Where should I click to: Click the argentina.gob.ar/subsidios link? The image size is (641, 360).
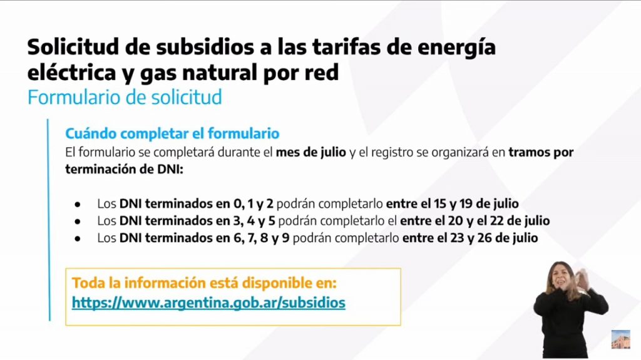coord(208,303)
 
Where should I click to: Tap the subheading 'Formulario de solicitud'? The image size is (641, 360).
coord(125,98)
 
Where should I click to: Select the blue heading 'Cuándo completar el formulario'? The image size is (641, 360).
coord(172,133)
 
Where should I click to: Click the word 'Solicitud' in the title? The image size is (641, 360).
coord(73,46)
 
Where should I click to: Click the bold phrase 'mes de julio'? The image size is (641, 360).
coord(310,152)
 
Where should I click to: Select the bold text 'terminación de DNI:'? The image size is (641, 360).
coord(125,169)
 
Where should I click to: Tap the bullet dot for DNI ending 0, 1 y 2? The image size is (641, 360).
coord(78,204)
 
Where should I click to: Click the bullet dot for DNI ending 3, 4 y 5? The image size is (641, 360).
coord(78,221)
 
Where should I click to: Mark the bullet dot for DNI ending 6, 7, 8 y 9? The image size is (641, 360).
coord(78,239)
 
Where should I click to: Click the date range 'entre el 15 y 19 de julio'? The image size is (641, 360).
coord(452,203)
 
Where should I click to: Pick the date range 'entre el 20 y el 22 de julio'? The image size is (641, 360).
coord(474,220)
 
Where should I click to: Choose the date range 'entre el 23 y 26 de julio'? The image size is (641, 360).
coord(470,238)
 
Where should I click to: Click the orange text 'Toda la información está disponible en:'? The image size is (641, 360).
coord(204,283)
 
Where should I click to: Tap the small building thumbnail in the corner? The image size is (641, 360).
coord(620,339)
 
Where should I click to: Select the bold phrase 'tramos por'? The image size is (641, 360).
coord(541,152)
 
